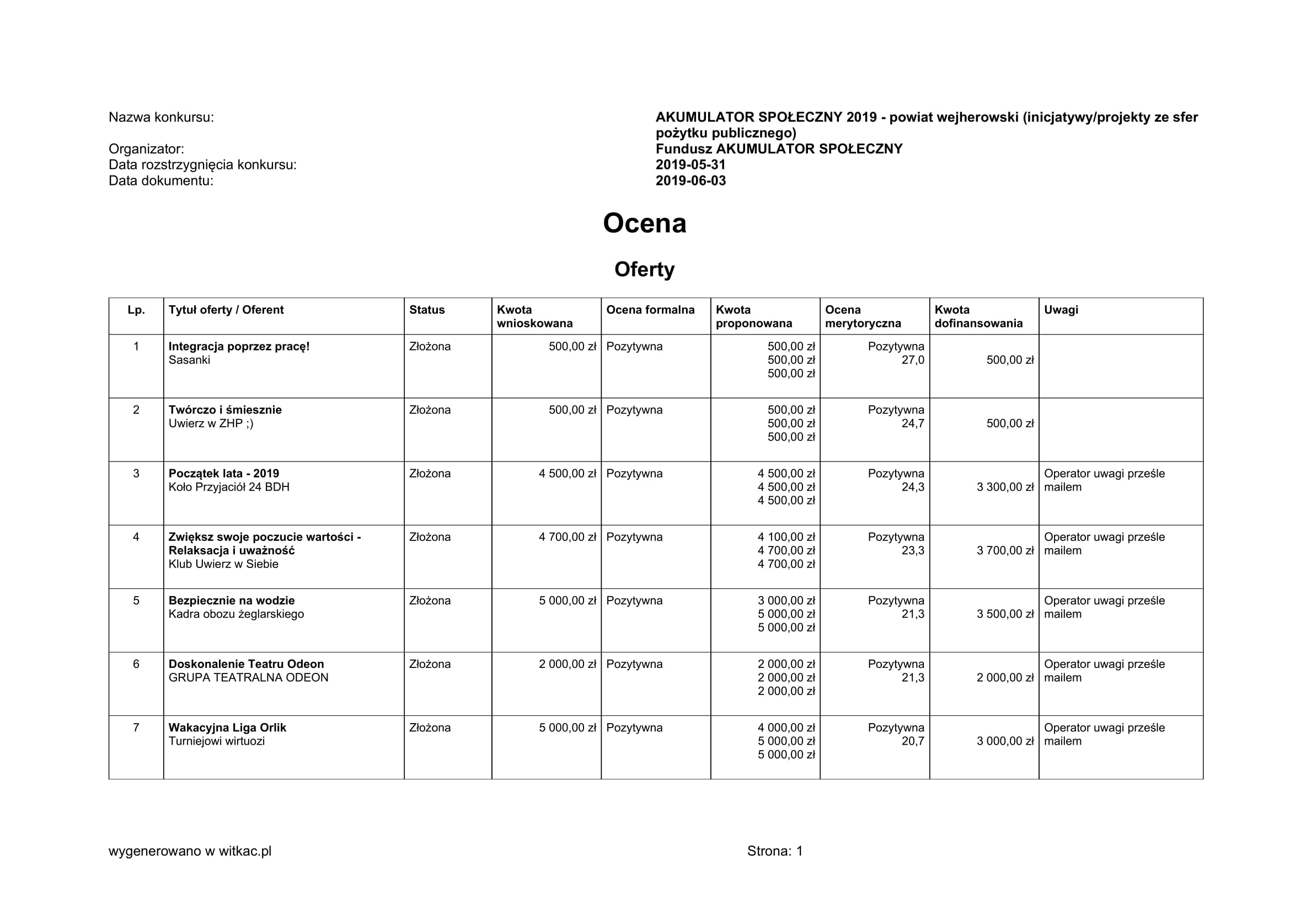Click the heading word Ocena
coord(644,223)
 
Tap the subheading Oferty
coord(644,269)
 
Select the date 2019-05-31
coord(691,164)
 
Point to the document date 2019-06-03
coord(691,181)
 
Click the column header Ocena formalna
coord(650,310)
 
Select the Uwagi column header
coord(1061,310)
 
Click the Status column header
coord(427,310)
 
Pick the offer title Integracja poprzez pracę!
coord(239,346)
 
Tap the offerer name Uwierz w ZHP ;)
coord(211,423)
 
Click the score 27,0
coord(912,360)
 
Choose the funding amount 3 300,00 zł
coord(1004,487)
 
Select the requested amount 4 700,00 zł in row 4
coord(567,537)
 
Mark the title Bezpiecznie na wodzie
coord(232,601)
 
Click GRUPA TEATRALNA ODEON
coord(248,677)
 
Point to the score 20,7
coord(912,741)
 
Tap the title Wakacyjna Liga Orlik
coord(227,728)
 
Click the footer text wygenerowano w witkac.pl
coord(190,851)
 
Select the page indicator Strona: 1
coord(775,851)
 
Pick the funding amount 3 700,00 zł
coord(1004,550)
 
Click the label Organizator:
coord(146,149)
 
